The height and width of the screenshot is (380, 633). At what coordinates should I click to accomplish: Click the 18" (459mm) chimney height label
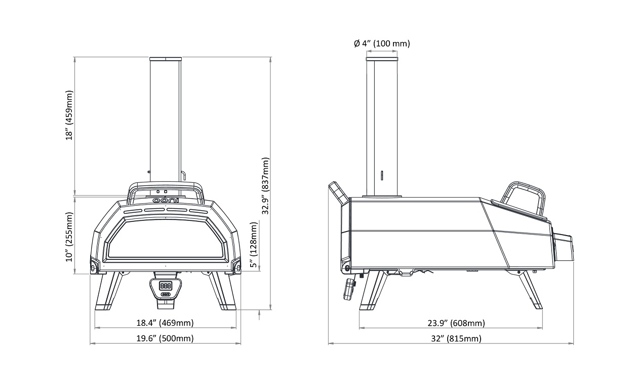69,116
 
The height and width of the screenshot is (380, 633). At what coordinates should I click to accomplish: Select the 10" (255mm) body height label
69,237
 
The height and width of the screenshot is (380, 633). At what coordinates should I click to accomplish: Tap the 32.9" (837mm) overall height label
265,186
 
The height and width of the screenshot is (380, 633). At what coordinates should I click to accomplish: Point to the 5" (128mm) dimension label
254,245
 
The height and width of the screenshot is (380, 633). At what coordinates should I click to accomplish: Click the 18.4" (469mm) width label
165,323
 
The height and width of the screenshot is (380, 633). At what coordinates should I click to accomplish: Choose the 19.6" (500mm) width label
165,338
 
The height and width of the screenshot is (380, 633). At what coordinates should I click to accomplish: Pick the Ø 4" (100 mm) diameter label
382,43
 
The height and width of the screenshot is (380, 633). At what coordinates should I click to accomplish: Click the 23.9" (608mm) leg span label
456,323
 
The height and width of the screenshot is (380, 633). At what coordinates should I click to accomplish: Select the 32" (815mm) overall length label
456,338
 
